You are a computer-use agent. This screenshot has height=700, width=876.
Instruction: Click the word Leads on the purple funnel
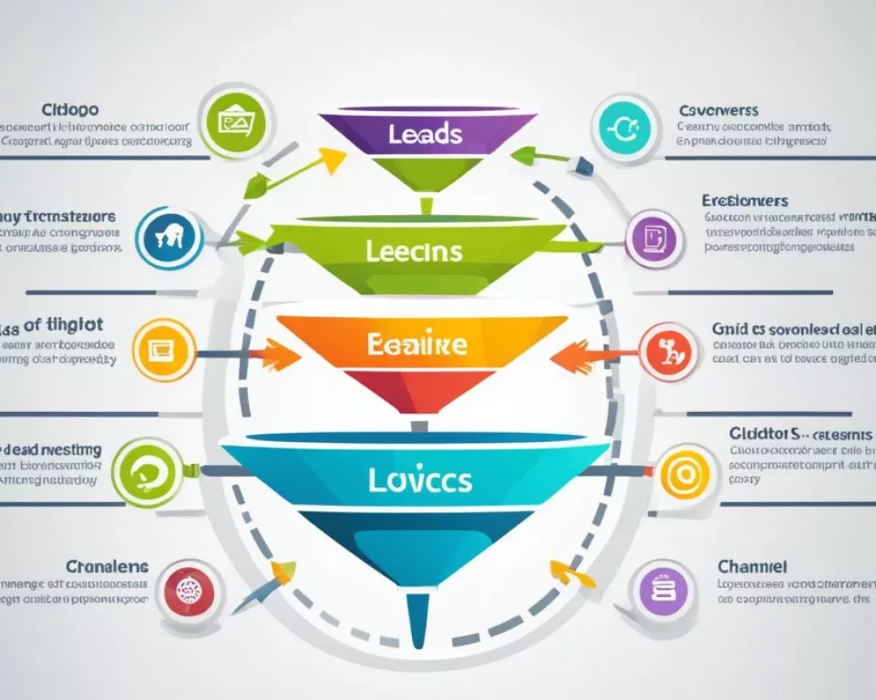coord(426,134)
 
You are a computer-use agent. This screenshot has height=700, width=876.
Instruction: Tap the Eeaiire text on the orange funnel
coord(418,343)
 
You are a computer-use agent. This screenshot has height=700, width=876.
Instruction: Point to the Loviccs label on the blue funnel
coord(419,479)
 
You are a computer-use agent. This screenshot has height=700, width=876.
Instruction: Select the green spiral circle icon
coord(145,468)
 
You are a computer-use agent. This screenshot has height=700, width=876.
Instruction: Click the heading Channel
coord(752,566)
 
